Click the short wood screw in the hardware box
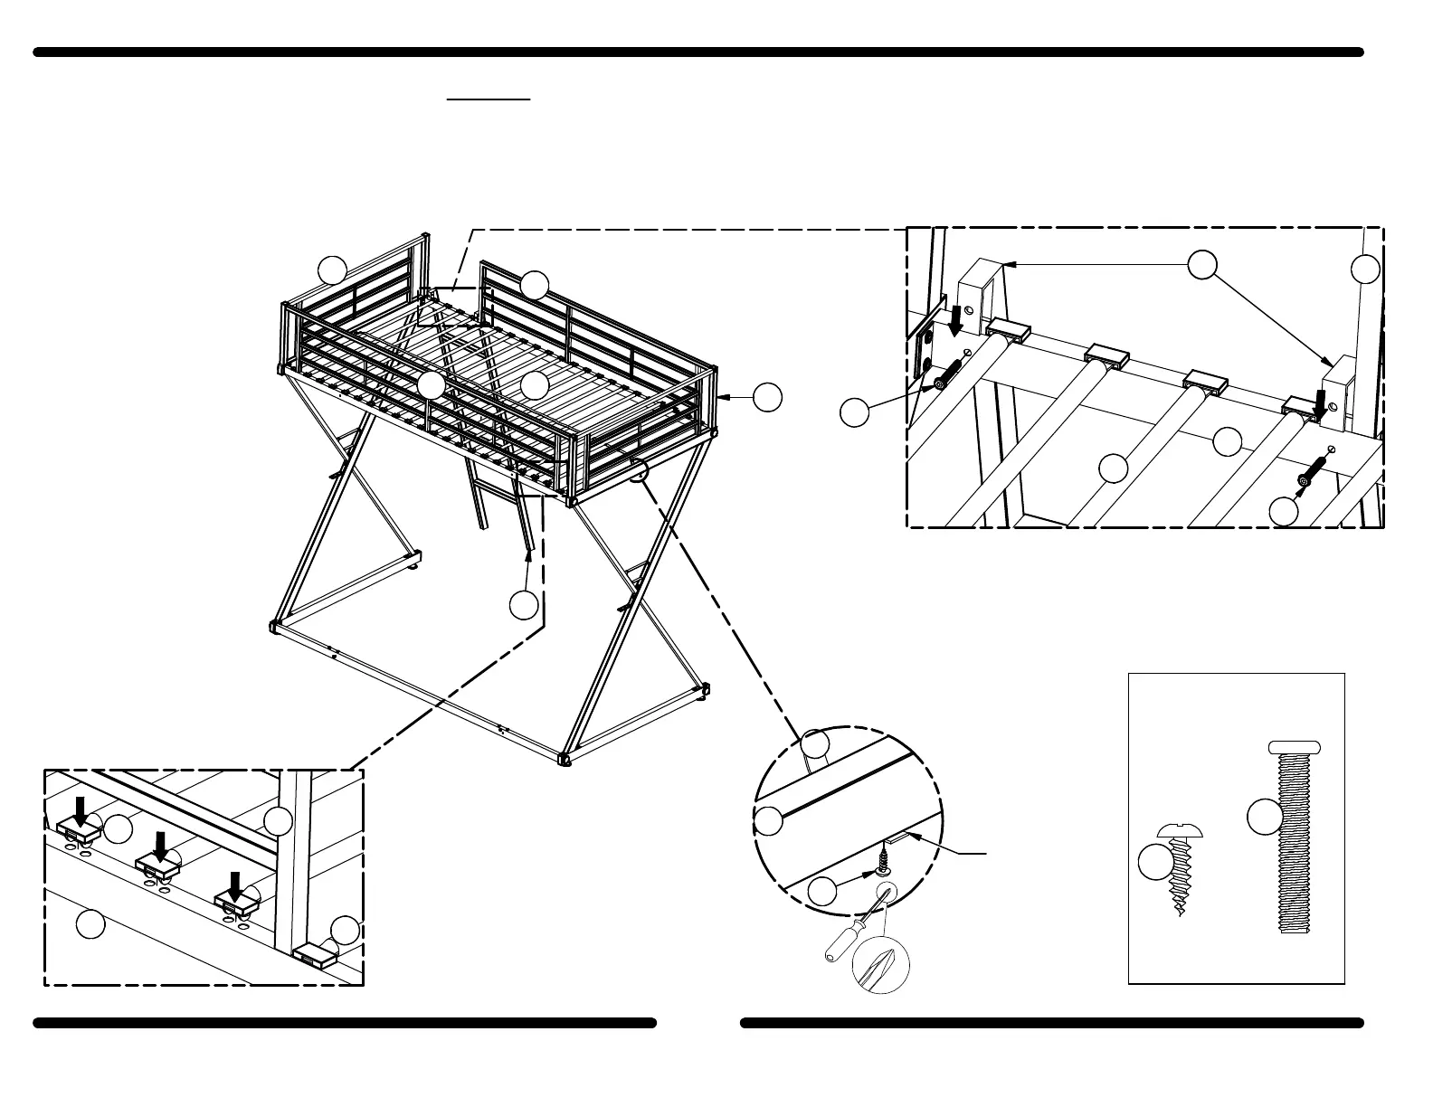click(1177, 869)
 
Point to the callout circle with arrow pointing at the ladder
click(524, 604)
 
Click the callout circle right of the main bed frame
click(767, 397)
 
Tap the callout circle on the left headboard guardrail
click(333, 270)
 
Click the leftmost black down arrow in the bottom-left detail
click(81, 811)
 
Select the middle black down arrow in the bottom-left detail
click(160, 847)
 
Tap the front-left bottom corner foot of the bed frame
click(274, 626)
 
